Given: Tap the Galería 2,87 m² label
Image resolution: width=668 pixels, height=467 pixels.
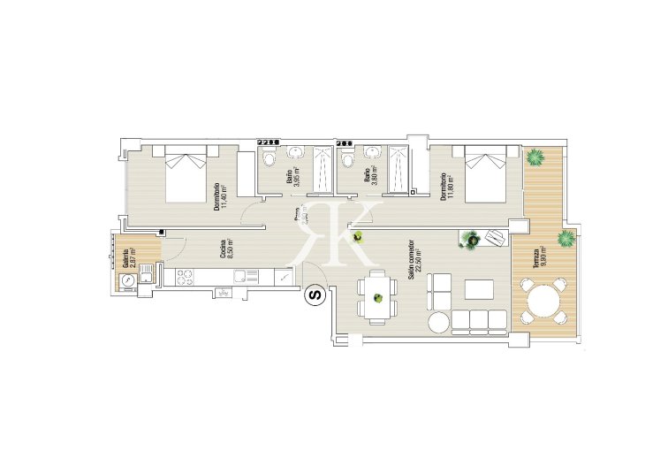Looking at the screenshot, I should coord(130,257).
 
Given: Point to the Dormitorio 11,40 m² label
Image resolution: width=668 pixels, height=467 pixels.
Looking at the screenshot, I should coord(221,195).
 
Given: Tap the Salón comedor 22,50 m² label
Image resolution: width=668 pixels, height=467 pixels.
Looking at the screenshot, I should coord(415,265).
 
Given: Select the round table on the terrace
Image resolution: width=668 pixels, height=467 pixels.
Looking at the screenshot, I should coord(541,301).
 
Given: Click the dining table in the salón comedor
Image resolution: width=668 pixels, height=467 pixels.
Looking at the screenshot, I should coord(377,298).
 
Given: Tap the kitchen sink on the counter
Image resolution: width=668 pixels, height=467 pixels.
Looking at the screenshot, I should coord(244,278).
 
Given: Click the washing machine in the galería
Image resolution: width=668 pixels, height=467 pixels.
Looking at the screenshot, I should coord(129,279).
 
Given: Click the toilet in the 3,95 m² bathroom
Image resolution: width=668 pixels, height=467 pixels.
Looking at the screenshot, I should coord(269,159).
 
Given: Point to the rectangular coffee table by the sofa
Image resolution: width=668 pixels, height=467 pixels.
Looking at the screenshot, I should coord(480,289).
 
